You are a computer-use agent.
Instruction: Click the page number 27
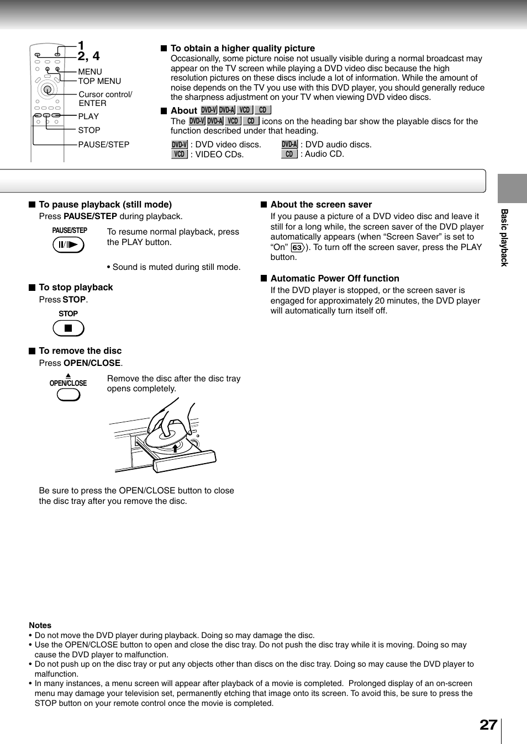[488, 725]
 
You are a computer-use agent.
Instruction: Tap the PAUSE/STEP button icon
[68, 245]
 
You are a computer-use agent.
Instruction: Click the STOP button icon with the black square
[68, 328]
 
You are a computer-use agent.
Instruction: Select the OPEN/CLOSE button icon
[68, 395]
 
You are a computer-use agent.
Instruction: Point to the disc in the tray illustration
[166, 436]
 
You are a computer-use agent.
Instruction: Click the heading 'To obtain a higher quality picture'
[243, 49]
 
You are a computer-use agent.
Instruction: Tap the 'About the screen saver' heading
[321, 205]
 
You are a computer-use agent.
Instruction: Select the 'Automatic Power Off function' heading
[335, 279]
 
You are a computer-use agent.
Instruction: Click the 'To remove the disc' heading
[80, 351]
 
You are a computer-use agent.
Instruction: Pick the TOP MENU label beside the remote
[99, 81]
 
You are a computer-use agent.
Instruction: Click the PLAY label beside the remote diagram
[88, 116]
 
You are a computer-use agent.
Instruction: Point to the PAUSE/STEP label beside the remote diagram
[104, 145]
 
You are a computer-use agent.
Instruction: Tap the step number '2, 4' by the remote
[88, 56]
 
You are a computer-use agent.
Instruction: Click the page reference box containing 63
[297, 248]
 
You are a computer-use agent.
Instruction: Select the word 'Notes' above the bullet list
[40, 625]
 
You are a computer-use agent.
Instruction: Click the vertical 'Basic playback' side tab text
[504, 238]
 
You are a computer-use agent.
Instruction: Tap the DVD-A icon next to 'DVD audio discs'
[289, 145]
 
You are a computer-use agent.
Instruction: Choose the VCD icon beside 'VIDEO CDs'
[180, 155]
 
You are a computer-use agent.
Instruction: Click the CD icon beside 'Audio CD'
[289, 155]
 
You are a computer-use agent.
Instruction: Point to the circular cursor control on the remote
[48, 89]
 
